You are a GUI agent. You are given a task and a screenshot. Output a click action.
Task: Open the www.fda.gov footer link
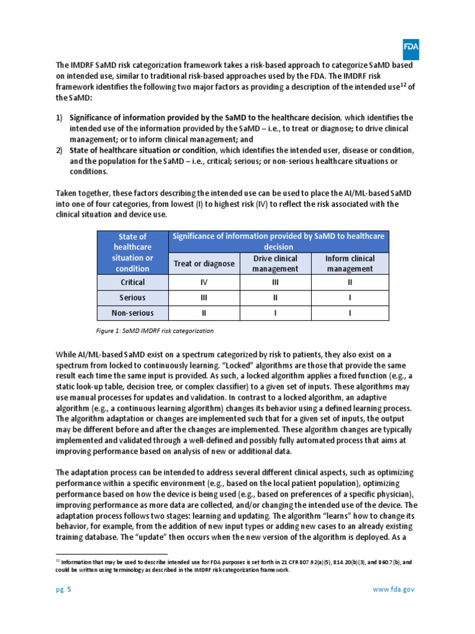393,589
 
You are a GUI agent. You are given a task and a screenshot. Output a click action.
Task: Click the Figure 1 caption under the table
155,331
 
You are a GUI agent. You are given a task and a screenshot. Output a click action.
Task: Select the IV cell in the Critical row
203,282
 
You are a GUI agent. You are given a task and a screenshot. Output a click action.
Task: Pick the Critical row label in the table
132,282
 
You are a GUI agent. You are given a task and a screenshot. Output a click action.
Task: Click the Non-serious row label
132,313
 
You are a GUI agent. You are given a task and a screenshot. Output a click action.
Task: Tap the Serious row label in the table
132,298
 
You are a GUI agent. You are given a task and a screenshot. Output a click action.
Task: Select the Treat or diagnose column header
203,264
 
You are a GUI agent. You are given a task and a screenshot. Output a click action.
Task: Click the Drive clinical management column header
275,264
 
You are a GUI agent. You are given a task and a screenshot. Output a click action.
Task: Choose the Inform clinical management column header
349,264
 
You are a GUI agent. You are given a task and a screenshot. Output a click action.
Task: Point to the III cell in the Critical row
275,282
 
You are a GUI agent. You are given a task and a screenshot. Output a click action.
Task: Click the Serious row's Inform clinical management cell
349,298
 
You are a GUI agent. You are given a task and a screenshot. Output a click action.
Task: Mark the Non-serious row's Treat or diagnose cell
203,313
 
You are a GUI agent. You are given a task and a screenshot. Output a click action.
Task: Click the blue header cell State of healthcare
132,253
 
